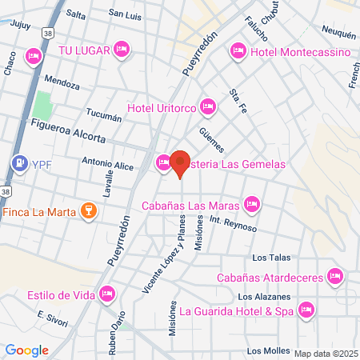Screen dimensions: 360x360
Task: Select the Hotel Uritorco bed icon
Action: pyautogui.click(x=208, y=106)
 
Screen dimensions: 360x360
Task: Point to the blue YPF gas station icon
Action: pyautogui.click(x=18, y=162)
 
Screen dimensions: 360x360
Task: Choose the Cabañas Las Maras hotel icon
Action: pyautogui.click(x=252, y=204)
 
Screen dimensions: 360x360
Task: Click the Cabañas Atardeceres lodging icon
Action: pyautogui.click(x=335, y=278)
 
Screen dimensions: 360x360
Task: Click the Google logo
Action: pyautogui.click(x=26, y=350)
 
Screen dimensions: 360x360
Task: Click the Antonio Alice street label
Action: pyautogui.click(x=106, y=163)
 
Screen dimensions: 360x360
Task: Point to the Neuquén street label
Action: pyautogui.click(x=338, y=34)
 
